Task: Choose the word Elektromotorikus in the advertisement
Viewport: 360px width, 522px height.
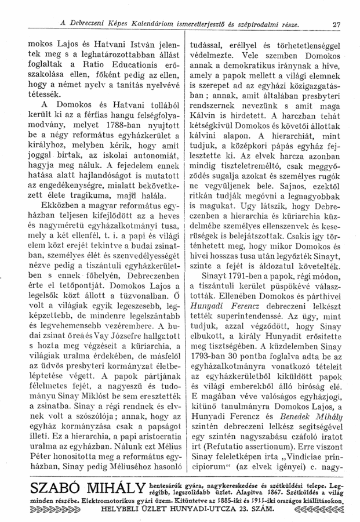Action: (86, 499)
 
